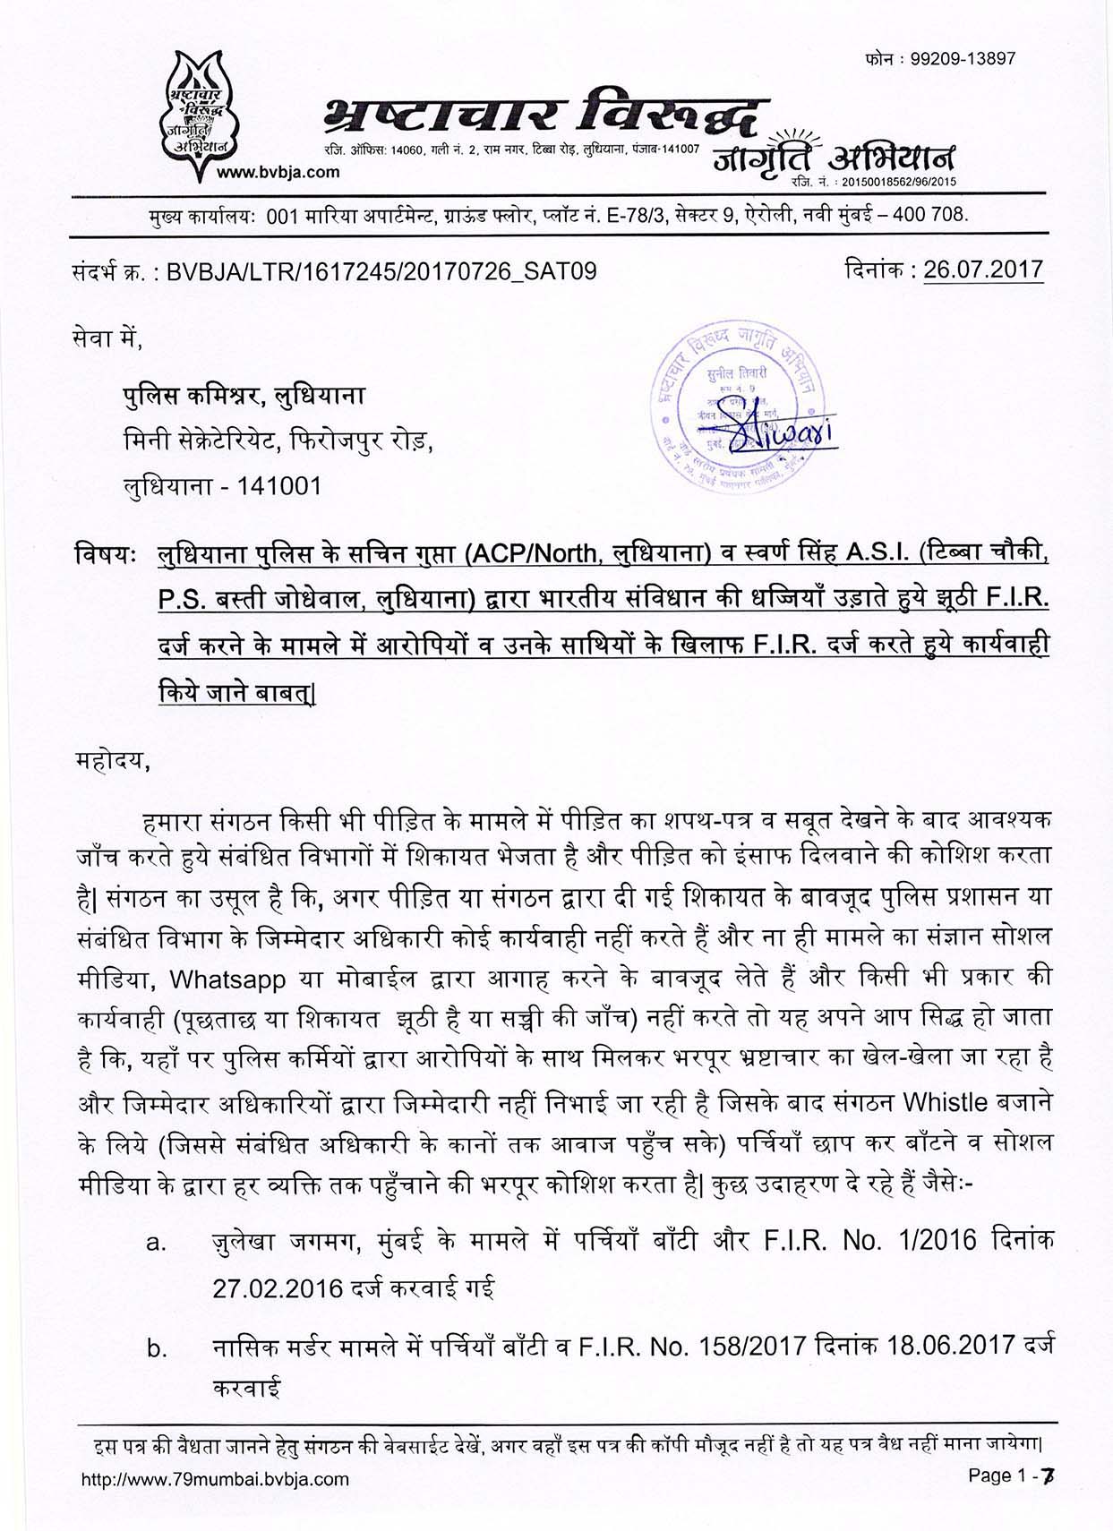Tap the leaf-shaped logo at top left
[201, 108]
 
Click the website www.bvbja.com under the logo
[278, 172]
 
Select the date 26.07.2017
[983, 269]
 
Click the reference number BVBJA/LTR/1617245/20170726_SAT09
[381, 271]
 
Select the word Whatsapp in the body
[227, 979]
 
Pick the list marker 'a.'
[157, 1244]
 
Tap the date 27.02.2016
[278, 1288]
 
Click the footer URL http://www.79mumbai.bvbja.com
[215, 1479]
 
